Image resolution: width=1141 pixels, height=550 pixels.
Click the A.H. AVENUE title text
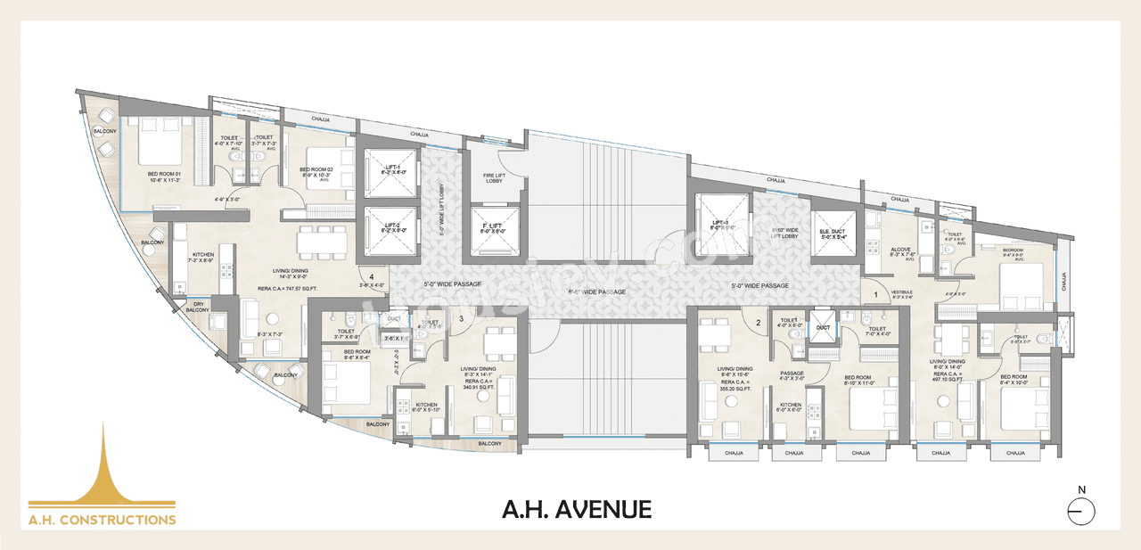coord(577,510)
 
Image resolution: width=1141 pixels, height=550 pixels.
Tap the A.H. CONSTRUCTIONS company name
coord(102,519)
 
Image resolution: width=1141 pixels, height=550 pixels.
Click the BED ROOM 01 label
coord(165,175)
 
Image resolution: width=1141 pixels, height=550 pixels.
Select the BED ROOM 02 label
coord(316,170)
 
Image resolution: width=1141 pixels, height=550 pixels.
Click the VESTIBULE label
coord(902,292)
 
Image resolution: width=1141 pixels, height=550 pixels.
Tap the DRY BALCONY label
coord(197,307)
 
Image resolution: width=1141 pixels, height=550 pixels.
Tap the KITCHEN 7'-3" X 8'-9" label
coord(203,258)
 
